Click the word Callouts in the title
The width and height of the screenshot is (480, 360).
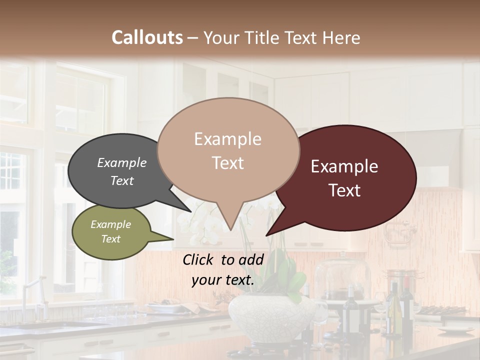147,37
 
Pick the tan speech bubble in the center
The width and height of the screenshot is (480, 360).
228,150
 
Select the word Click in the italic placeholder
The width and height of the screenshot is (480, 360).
199,259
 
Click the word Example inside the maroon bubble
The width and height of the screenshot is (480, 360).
344,166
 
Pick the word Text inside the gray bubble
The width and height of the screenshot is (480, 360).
122,180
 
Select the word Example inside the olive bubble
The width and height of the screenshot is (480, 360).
110,224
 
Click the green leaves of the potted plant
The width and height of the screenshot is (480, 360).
287,280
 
